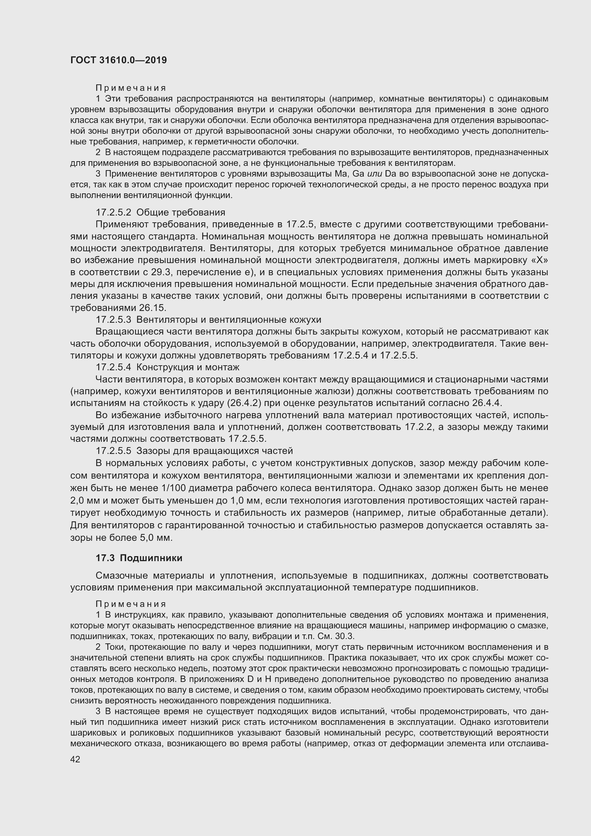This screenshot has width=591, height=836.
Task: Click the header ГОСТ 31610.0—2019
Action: click(119, 60)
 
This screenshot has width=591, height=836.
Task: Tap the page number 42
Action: click(75, 759)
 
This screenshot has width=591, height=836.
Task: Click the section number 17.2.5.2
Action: click(113, 212)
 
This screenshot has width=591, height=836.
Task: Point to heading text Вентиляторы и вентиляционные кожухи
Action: click(229, 320)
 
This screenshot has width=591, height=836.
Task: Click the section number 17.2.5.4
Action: click(113, 367)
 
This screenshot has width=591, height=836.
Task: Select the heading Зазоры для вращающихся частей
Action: click(215, 451)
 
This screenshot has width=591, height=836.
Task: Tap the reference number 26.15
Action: click(153, 308)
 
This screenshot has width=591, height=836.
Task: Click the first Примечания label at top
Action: click(131, 88)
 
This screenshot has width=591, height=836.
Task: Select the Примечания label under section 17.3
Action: click(131, 604)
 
